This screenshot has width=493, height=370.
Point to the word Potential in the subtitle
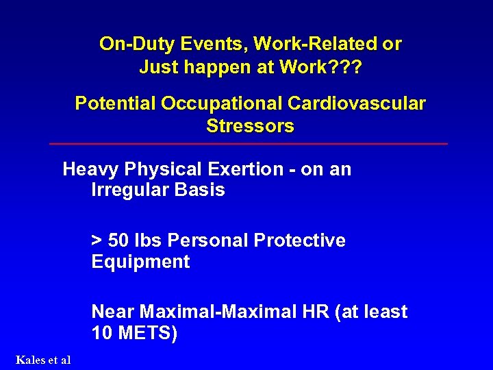click(114, 103)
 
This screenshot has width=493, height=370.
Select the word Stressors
click(250, 126)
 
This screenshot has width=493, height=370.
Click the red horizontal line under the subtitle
click(249, 144)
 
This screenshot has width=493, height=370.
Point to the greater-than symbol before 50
click(97, 241)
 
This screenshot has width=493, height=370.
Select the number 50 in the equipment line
click(118, 241)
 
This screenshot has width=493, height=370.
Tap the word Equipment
click(140, 262)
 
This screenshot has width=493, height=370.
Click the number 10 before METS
click(101, 334)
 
